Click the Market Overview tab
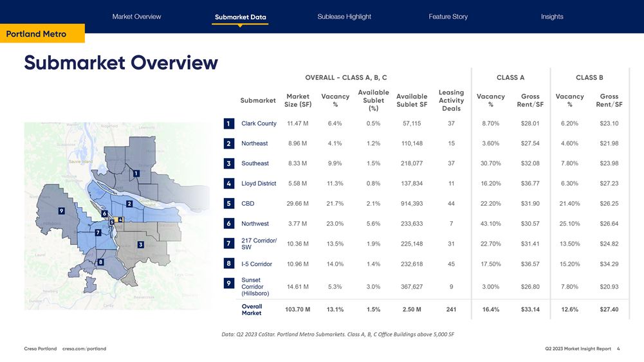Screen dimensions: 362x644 click(136, 17)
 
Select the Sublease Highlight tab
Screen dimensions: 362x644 click(344, 17)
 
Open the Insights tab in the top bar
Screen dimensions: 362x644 click(552, 17)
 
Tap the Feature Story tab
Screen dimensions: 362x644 click(448, 17)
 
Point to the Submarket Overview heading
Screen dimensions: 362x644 click(121, 62)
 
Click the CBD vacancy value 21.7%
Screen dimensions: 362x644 click(335, 204)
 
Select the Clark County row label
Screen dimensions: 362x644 click(259, 123)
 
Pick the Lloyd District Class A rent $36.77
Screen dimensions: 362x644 click(530, 184)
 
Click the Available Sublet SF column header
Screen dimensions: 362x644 click(412, 101)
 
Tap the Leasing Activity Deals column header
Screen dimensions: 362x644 click(451, 101)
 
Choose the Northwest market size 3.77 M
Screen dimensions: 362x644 click(297, 224)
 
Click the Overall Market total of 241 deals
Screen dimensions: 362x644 click(451, 309)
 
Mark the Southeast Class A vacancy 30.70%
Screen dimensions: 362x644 click(490, 163)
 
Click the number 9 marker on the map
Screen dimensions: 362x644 click(60, 211)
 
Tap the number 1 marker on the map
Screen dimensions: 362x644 click(136, 173)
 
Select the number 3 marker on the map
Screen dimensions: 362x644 click(140, 245)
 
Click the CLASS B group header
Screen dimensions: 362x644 click(589, 78)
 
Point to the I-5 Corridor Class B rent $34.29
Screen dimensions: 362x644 click(609, 264)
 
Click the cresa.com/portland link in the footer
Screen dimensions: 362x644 click(84, 348)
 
